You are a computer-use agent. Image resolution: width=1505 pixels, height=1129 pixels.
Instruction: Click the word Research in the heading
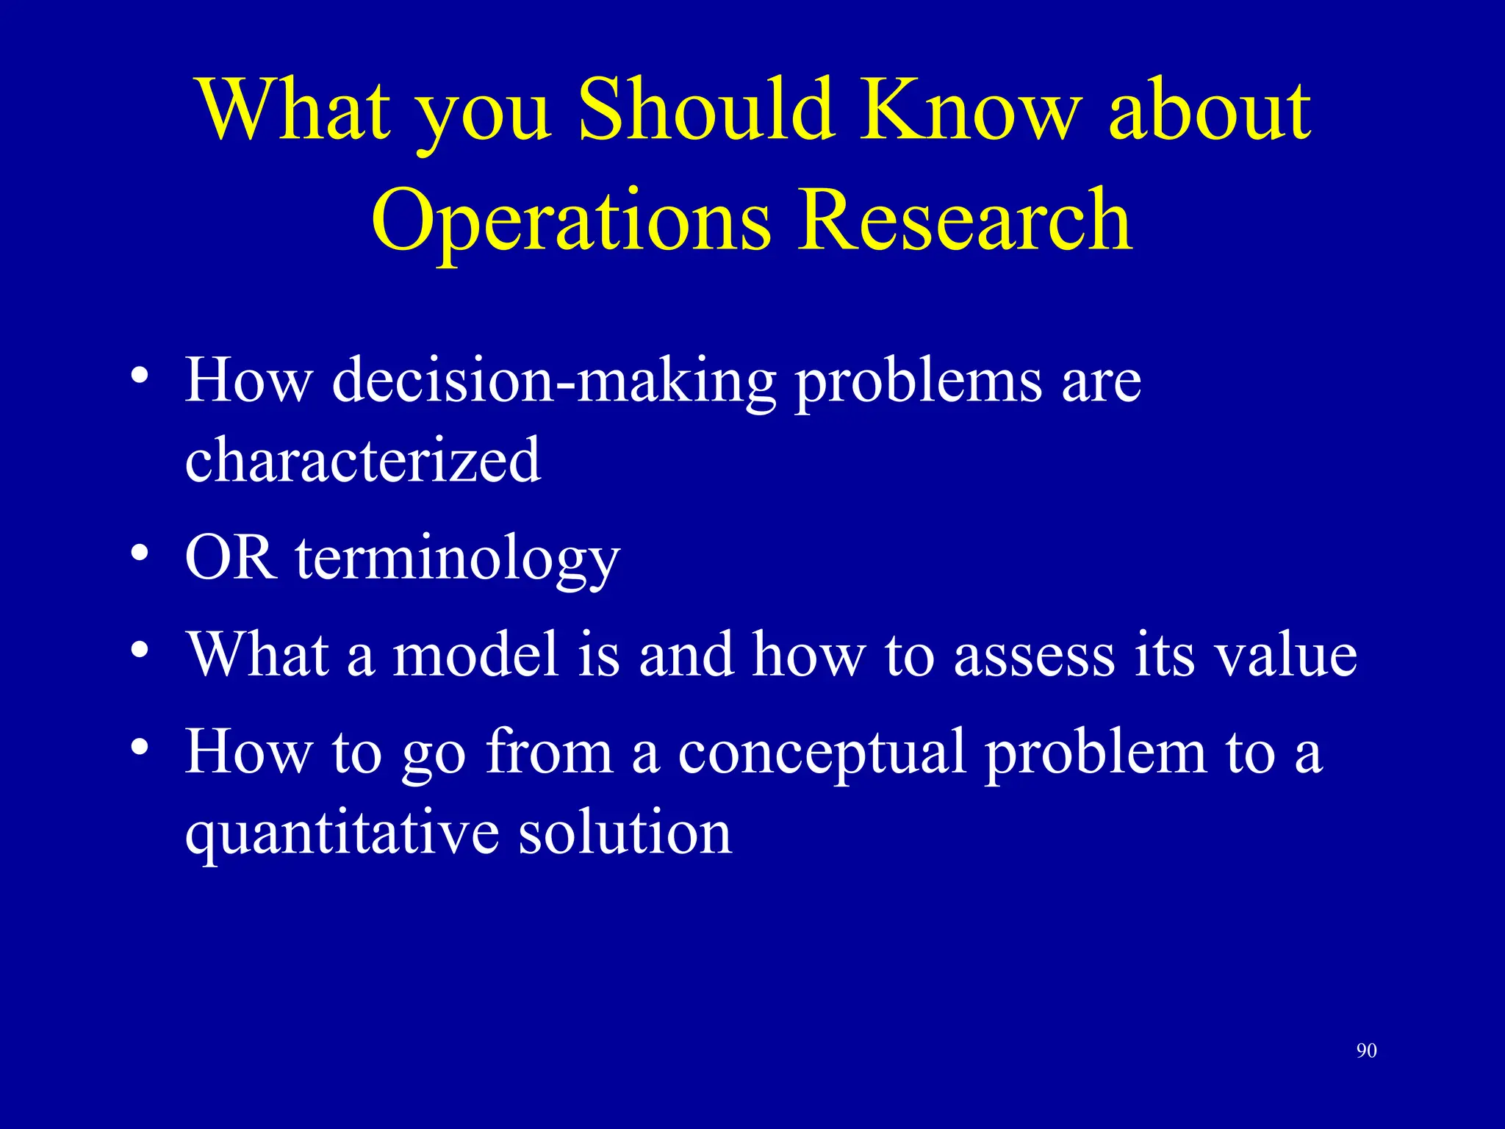pos(966,221)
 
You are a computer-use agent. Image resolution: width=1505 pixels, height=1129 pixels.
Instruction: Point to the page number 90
pos(1366,1051)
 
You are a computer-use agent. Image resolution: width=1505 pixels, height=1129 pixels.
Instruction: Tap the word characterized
pos(363,460)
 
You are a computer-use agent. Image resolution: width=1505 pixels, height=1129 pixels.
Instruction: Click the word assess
pos(1034,656)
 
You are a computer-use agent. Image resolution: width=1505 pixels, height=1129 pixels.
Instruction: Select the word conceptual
pos(822,754)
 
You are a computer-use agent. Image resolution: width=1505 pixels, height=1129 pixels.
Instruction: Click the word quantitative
pos(342,834)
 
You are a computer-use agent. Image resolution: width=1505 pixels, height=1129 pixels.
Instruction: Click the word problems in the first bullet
pos(919,382)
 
